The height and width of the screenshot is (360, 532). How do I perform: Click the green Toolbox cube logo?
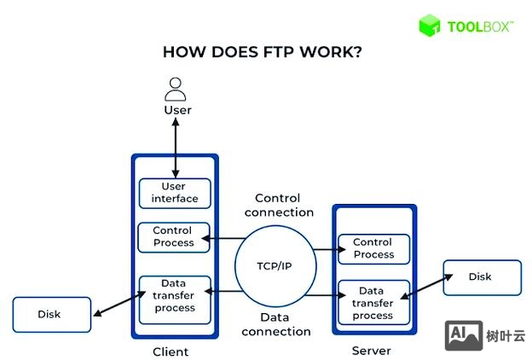pyautogui.click(x=430, y=26)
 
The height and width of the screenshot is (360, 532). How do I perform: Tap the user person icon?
pyautogui.click(x=176, y=89)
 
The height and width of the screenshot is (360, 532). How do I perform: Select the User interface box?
pyautogui.click(x=174, y=193)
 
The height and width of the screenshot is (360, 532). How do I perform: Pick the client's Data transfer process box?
pyautogui.click(x=174, y=295)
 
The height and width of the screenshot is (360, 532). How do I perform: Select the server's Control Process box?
pyautogui.click(x=373, y=249)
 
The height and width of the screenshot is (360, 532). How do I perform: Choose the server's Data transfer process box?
pyautogui.click(x=373, y=303)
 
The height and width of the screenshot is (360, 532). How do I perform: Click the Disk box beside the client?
pyautogui.click(x=50, y=314)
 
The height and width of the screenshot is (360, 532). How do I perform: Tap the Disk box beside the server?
pyautogui.click(x=481, y=277)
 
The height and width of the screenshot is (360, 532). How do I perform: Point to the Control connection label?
pyautogui.click(x=284, y=205)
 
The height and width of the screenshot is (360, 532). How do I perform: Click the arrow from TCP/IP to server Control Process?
pyautogui.click(x=325, y=250)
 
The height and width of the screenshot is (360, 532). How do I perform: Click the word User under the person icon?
pyautogui.click(x=177, y=110)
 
